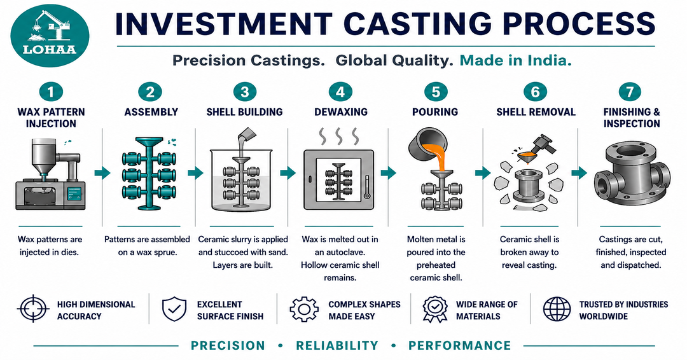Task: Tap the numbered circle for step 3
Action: tap(244, 92)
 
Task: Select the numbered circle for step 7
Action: tap(631, 92)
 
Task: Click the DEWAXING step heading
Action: tap(341, 112)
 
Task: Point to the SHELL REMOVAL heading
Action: tap(536, 112)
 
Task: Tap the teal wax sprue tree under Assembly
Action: tap(150, 175)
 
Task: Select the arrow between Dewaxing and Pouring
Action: tap(387, 172)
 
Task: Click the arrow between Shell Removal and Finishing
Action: tap(578, 172)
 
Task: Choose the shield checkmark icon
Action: tap(173, 310)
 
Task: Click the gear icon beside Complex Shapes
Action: tap(304, 310)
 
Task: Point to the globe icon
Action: tap(557, 310)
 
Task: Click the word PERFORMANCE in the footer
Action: tap(459, 345)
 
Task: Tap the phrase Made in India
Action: tap(515, 61)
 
